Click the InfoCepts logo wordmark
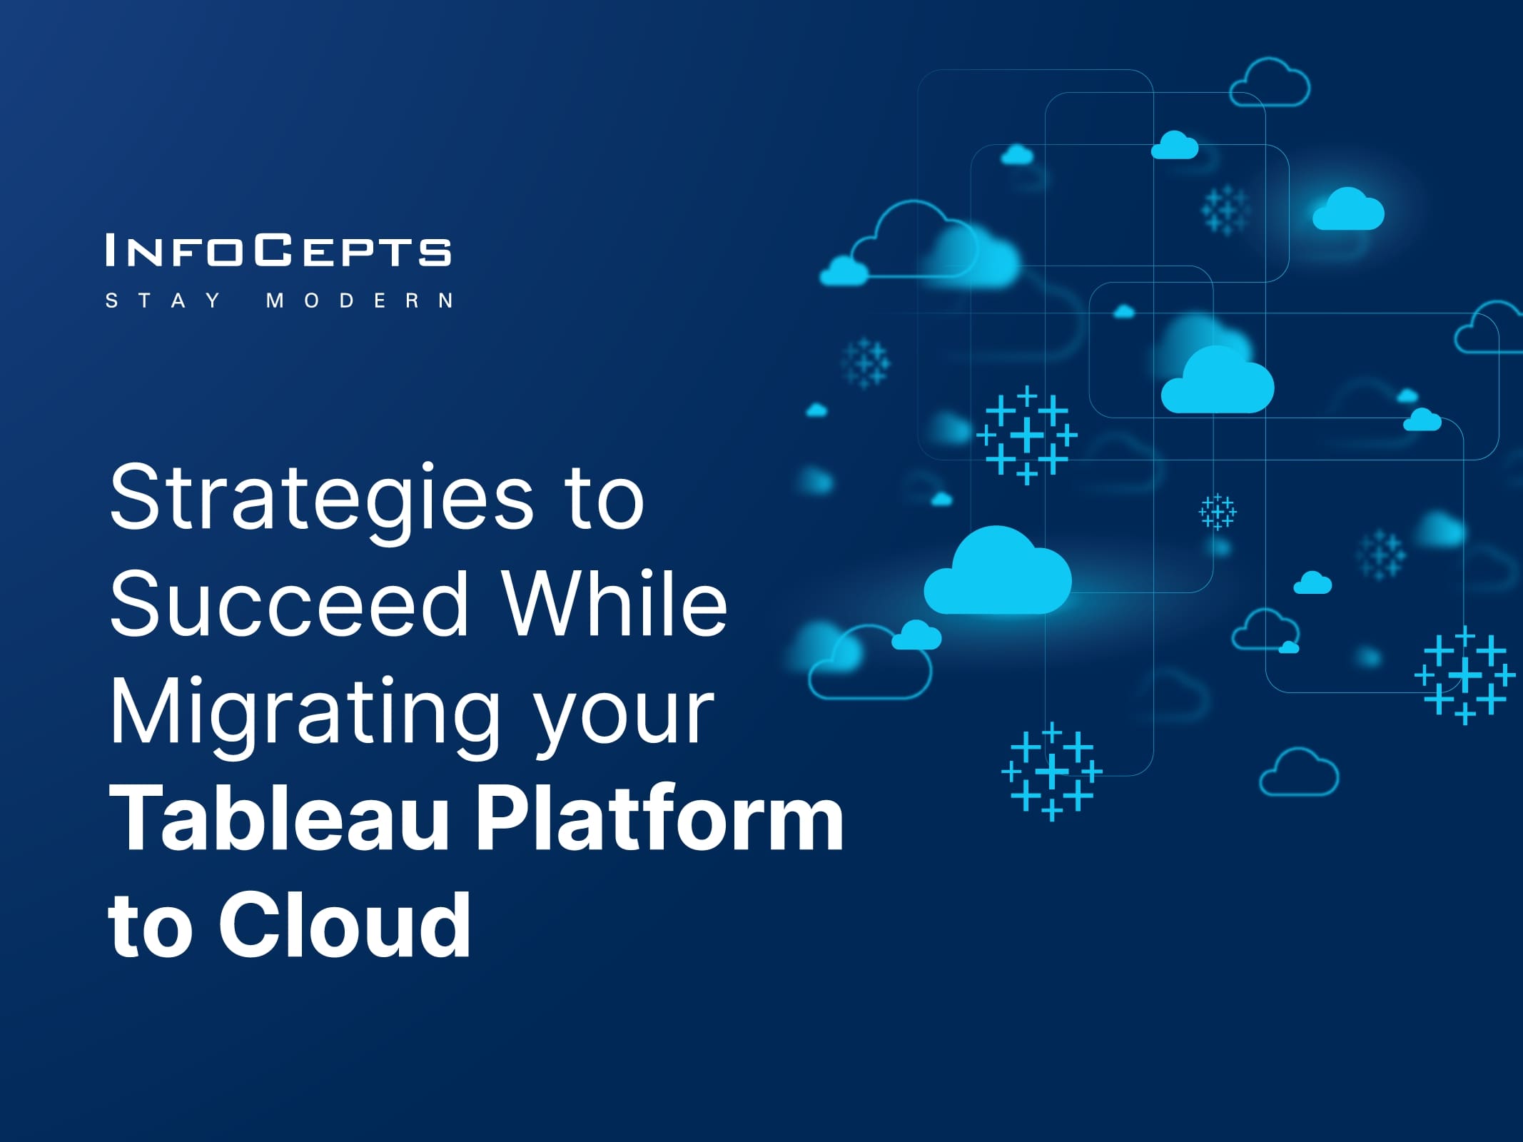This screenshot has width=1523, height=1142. [x=278, y=250]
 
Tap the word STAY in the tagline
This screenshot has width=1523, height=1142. [x=163, y=300]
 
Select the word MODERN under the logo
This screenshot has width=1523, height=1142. [x=360, y=300]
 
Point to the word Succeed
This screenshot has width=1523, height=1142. [x=289, y=604]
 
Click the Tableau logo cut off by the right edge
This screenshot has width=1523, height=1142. [x=1465, y=674]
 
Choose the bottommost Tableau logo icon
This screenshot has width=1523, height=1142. [x=1052, y=772]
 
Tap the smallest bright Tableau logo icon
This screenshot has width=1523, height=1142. [x=1218, y=512]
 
